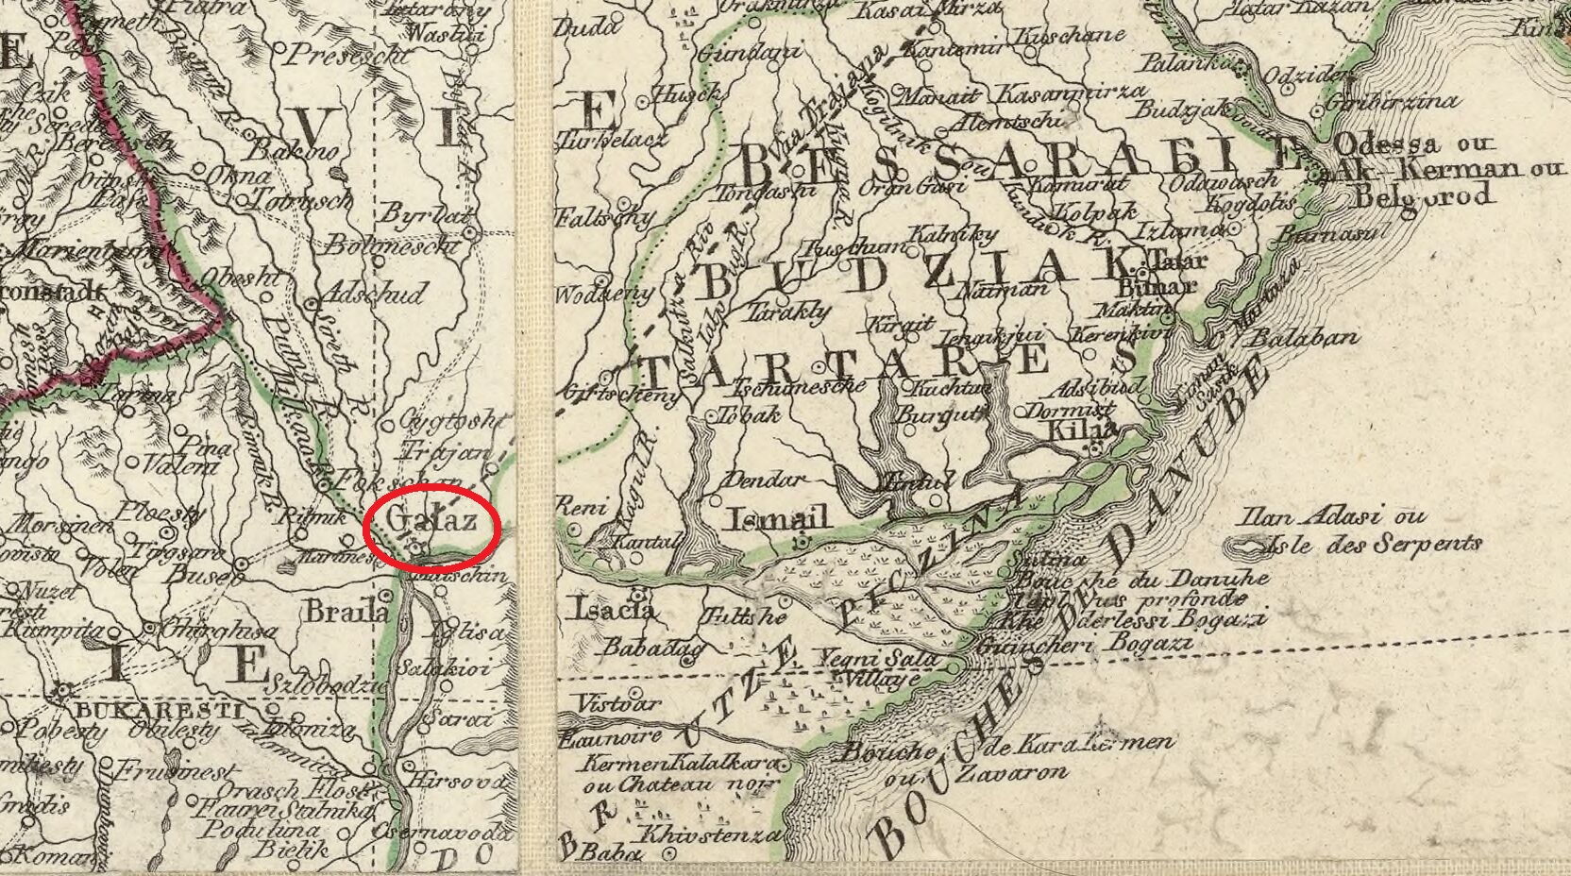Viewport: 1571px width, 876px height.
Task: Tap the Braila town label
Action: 346,612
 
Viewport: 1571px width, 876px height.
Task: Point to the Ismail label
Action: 779,518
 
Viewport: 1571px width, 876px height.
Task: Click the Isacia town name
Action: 613,610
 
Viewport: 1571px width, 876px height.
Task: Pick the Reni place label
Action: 583,508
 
